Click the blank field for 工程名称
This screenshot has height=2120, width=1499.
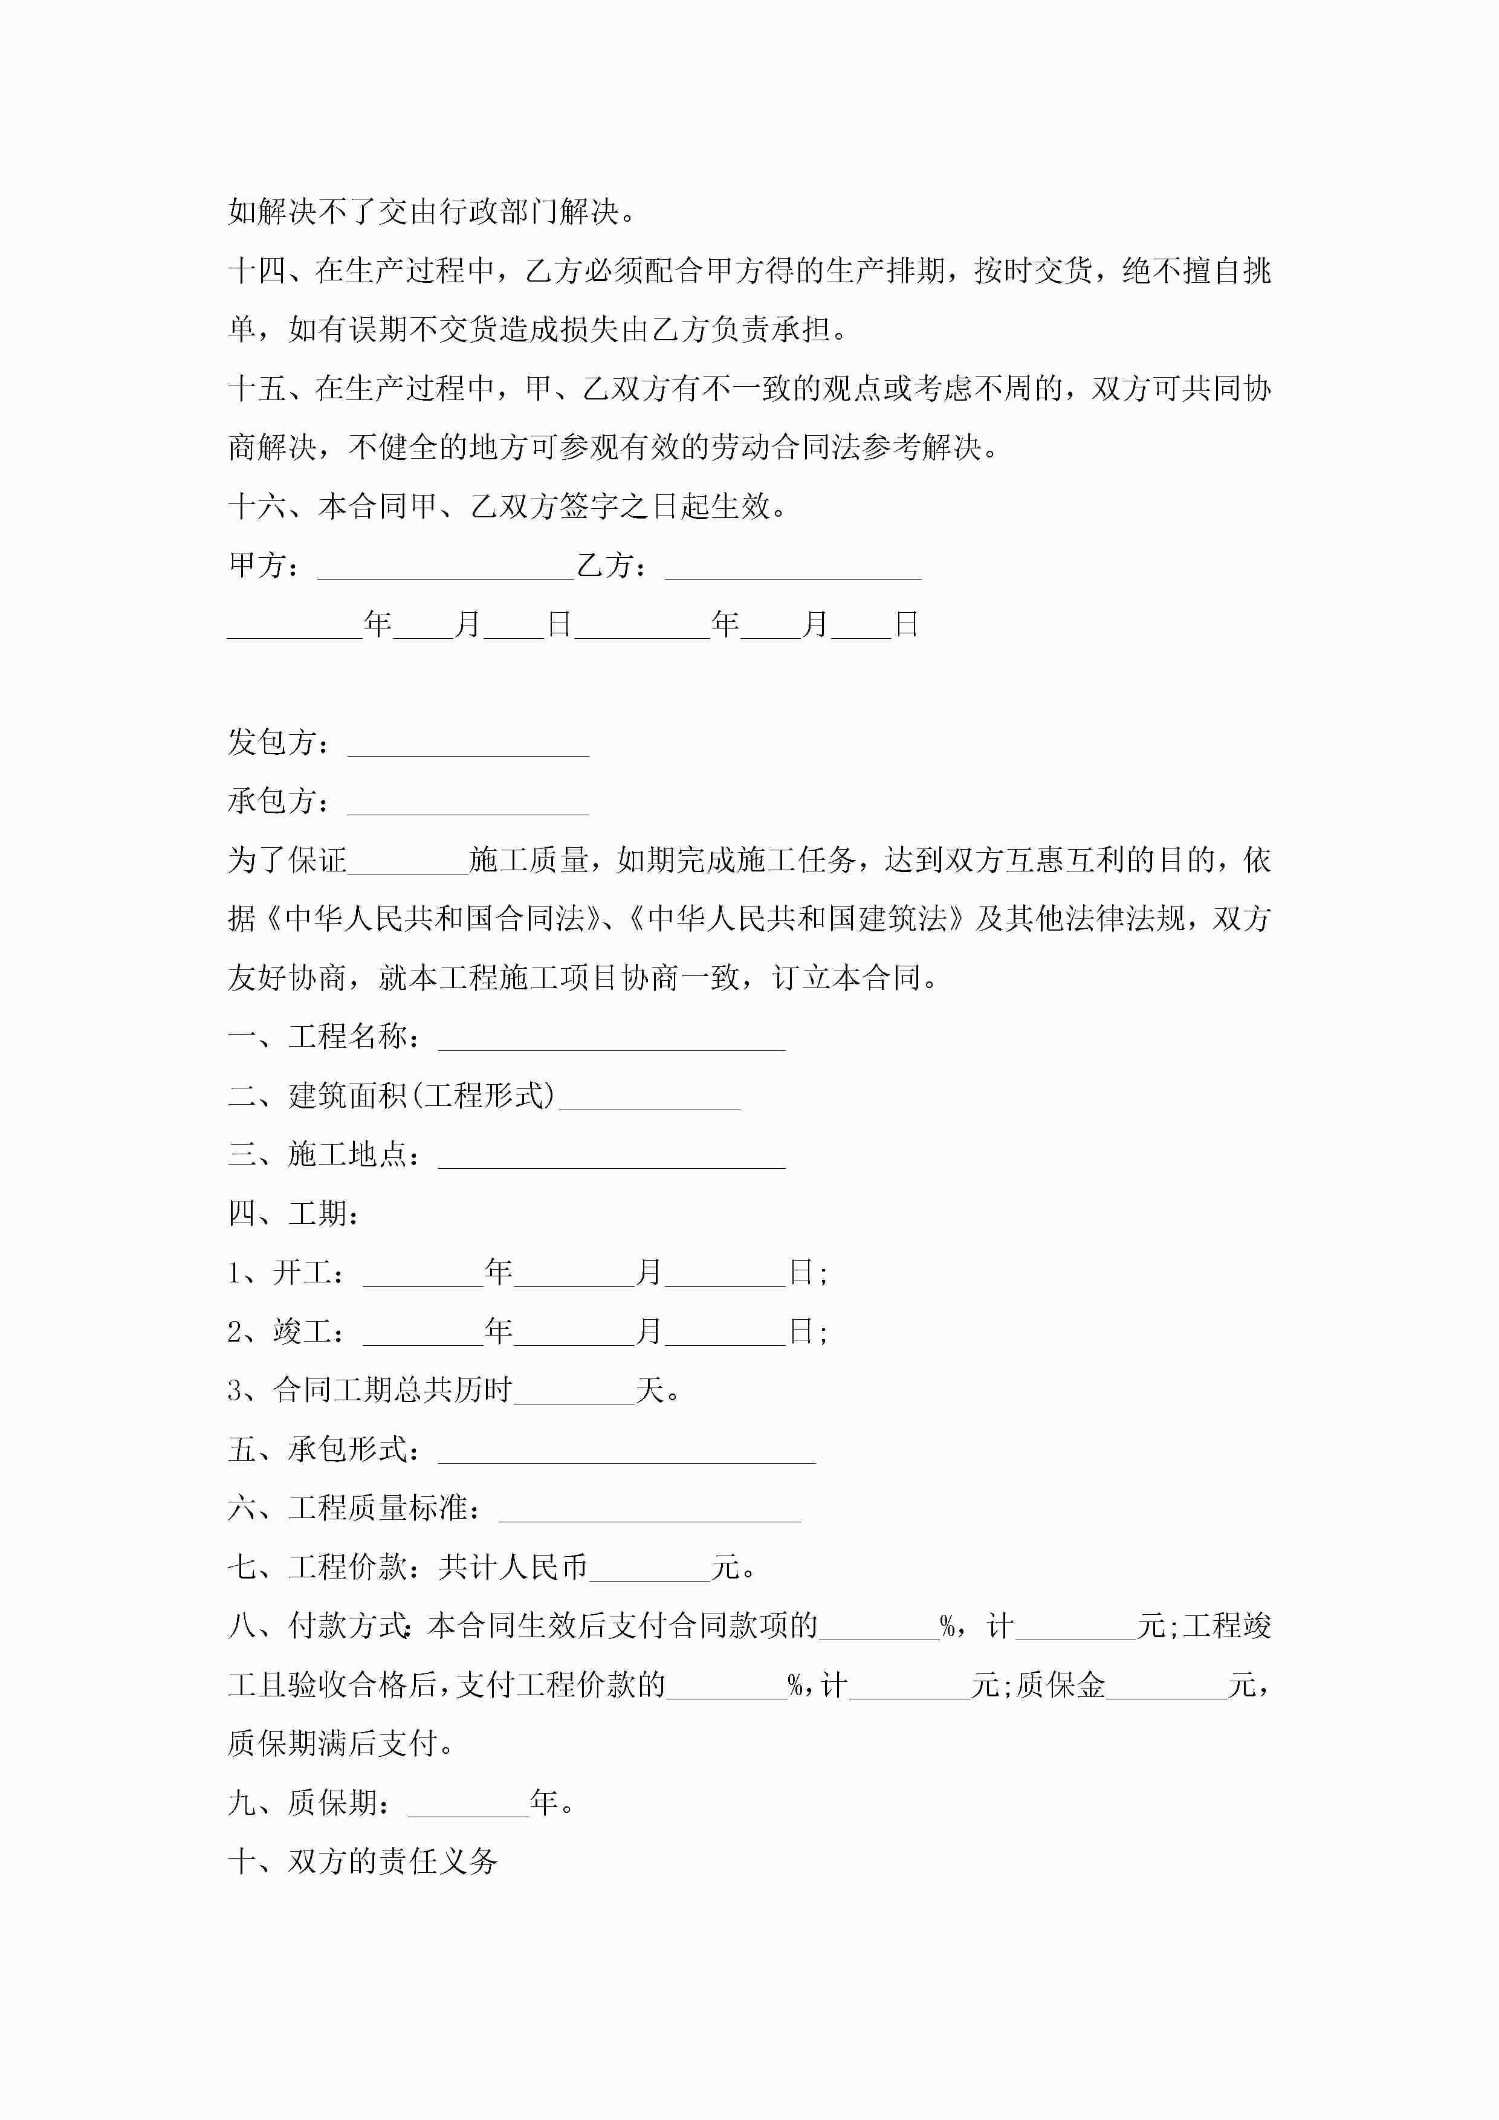(612, 1039)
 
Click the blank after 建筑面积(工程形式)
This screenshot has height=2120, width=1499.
(649, 1099)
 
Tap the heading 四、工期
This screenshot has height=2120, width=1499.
(294, 1214)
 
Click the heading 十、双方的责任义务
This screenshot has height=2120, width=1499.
(363, 1861)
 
